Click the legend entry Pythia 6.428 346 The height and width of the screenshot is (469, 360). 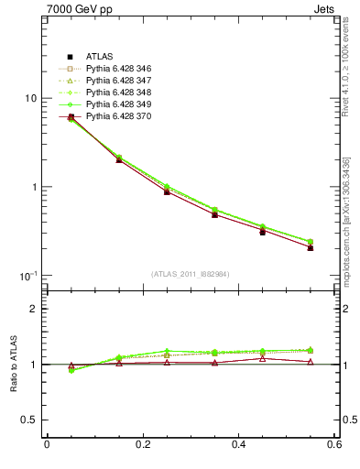119,70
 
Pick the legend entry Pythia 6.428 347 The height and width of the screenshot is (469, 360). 119,82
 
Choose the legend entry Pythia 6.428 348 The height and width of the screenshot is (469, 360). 119,93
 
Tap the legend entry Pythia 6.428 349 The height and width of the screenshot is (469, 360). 119,105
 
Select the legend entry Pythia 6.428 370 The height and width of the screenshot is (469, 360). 119,117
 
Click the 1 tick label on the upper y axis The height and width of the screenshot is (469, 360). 33,188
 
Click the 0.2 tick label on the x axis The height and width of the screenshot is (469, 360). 143,446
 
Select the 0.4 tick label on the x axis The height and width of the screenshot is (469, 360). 239,446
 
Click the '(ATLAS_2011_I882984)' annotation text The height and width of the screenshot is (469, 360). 191,274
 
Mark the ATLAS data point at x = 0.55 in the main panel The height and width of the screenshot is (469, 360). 310,247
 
